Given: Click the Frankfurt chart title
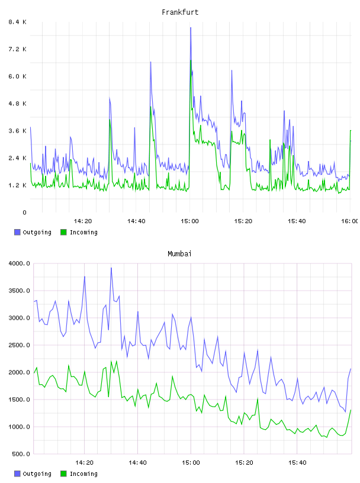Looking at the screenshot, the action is (x=180, y=12).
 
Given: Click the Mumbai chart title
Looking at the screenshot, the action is (x=179, y=254).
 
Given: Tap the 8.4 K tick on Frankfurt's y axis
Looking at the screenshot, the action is (x=18, y=22).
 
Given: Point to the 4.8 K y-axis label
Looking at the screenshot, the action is (x=18, y=104).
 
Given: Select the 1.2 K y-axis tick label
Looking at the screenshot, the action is (x=18, y=185).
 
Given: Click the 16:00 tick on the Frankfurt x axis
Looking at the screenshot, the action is (x=350, y=221).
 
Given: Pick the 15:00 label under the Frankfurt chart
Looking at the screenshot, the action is (x=189, y=221).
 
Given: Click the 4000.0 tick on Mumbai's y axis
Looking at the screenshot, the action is (x=20, y=263).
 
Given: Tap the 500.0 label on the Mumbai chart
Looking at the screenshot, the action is (x=21, y=454).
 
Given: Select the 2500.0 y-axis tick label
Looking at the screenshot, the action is (x=20, y=345).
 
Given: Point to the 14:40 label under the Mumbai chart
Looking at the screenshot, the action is (x=137, y=462).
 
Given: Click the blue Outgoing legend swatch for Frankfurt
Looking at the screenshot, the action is (x=17, y=232).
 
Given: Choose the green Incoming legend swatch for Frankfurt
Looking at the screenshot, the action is (x=63, y=232).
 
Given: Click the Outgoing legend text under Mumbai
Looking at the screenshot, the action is (x=37, y=474).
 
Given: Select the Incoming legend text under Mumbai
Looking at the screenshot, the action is (x=83, y=474).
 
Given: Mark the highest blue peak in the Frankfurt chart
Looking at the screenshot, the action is (x=191, y=28).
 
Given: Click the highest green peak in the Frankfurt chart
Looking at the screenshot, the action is (x=191, y=60).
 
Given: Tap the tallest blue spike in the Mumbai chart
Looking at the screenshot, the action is (x=111, y=268).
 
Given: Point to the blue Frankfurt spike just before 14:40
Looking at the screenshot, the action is (x=134, y=127).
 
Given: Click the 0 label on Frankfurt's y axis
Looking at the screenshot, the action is (x=24, y=212).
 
